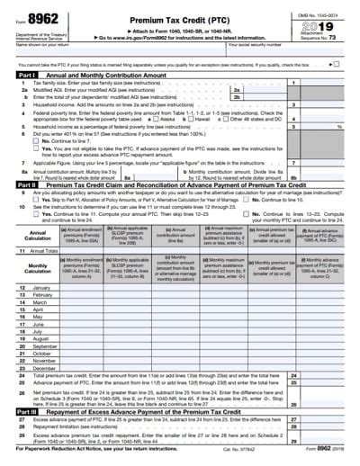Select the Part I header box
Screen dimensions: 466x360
(x=18, y=75)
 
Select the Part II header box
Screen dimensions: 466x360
(x=18, y=184)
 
